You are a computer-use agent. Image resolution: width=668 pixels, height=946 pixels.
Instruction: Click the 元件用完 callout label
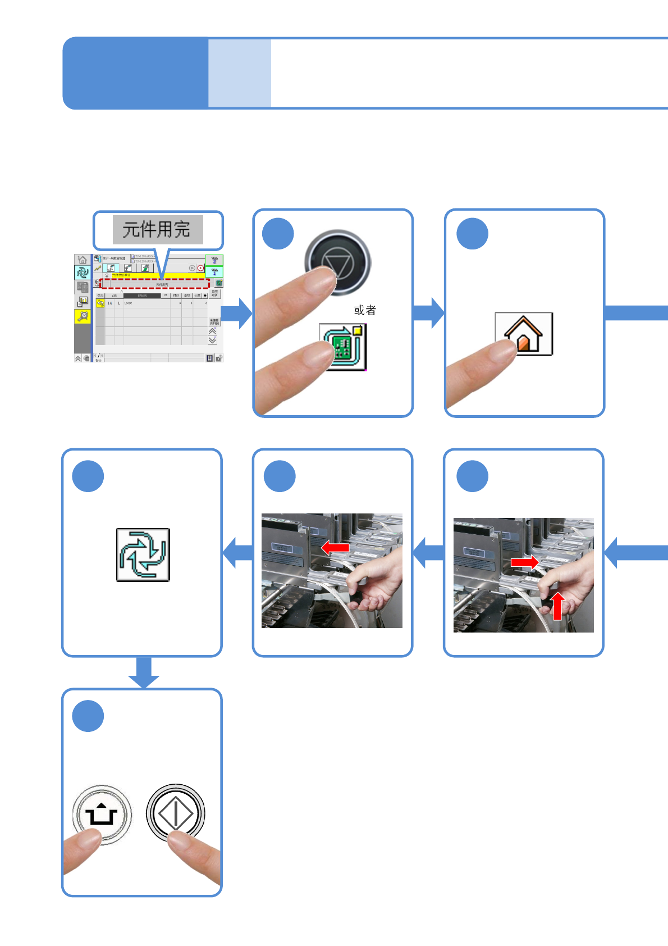tap(157, 230)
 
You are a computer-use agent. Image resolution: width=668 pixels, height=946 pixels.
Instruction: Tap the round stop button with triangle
tap(338, 262)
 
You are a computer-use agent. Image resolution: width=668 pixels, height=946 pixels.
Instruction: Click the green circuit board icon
tap(343, 347)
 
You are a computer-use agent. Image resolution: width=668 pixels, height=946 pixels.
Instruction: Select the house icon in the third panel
tap(524, 334)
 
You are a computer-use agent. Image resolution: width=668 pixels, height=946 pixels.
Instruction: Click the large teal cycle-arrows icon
tap(143, 554)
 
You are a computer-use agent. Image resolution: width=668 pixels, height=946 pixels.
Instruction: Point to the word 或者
tap(365, 310)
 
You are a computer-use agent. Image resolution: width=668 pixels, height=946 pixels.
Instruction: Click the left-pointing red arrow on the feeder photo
tap(335, 547)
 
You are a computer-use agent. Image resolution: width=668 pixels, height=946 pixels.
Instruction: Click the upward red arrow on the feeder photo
tap(557, 606)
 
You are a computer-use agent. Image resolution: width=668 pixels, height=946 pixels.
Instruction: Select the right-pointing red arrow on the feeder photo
tap(524, 562)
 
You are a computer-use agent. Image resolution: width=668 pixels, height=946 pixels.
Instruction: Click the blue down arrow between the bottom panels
tap(144, 672)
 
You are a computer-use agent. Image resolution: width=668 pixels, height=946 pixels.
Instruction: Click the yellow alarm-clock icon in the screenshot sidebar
tap(83, 316)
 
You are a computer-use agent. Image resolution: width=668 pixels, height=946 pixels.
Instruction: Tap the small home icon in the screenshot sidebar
tap(83, 260)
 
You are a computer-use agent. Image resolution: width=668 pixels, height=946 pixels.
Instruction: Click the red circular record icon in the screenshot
tap(200, 269)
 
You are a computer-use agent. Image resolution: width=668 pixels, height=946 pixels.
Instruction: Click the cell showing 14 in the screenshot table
tap(109, 303)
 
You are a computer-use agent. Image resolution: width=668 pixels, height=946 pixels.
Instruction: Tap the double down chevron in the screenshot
tap(212, 340)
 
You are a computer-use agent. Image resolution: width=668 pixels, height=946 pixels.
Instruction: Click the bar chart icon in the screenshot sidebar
tap(83, 302)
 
